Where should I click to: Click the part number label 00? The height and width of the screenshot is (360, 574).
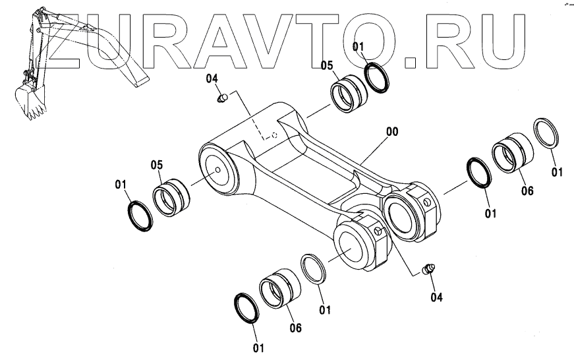tap(391, 132)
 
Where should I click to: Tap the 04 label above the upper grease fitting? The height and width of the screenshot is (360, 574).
tap(212, 79)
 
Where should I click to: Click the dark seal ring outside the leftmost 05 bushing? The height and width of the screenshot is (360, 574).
tap(138, 214)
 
